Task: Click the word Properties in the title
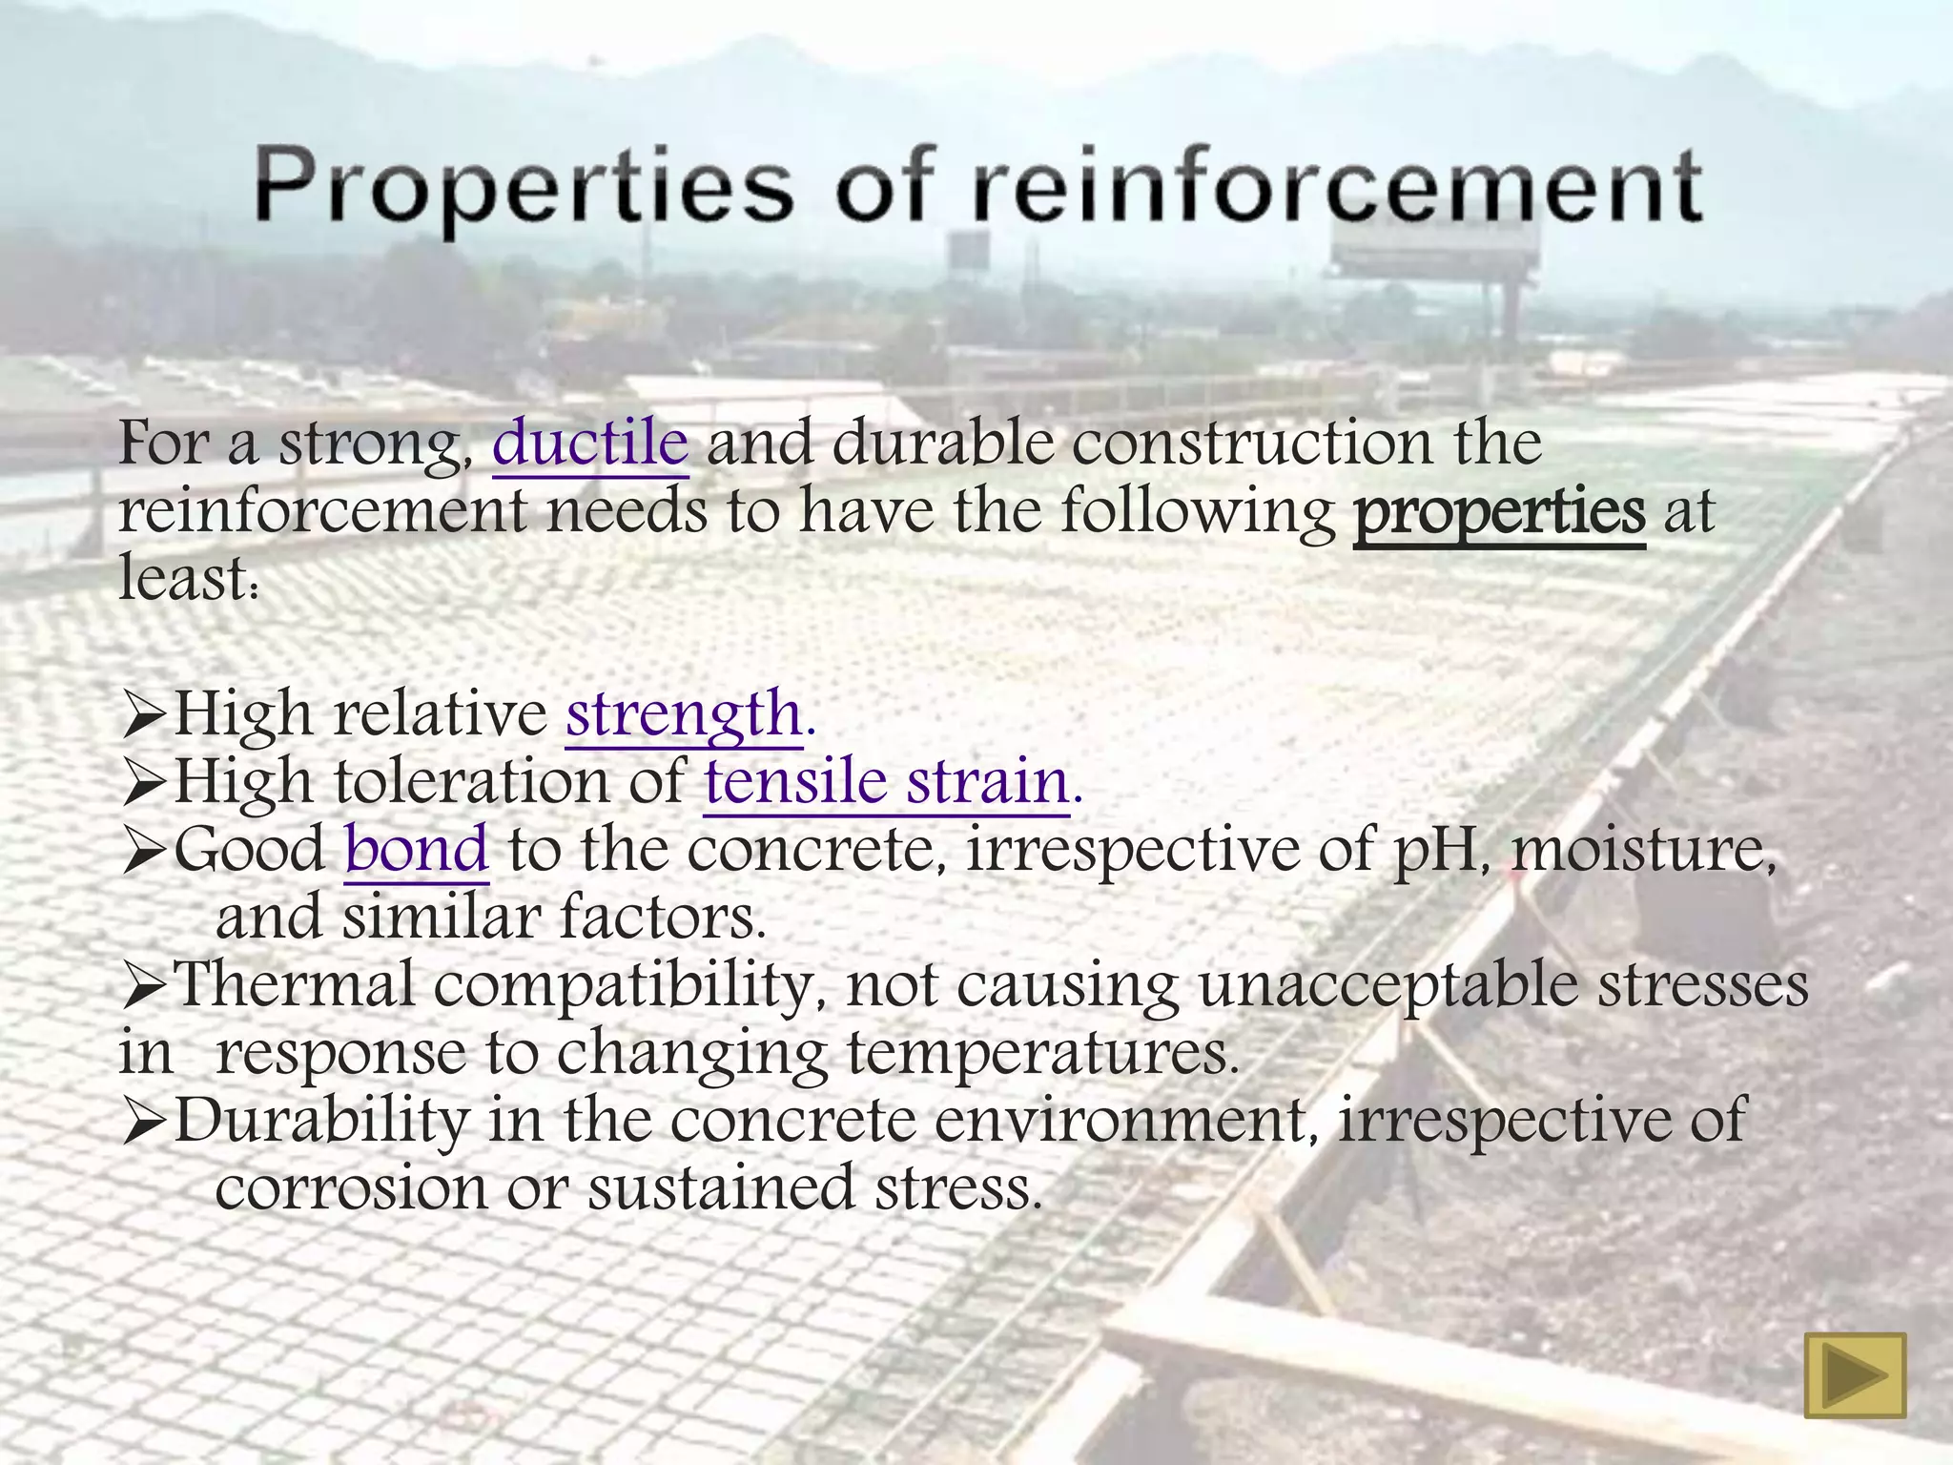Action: click(x=523, y=188)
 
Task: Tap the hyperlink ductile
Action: click(x=590, y=443)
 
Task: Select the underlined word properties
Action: click(x=1499, y=512)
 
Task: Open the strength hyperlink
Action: click(x=685, y=713)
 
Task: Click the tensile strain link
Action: click(x=887, y=782)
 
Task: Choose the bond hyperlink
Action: click(x=417, y=849)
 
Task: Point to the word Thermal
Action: click(x=296, y=984)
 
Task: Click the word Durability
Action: click(x=321, y=1120)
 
